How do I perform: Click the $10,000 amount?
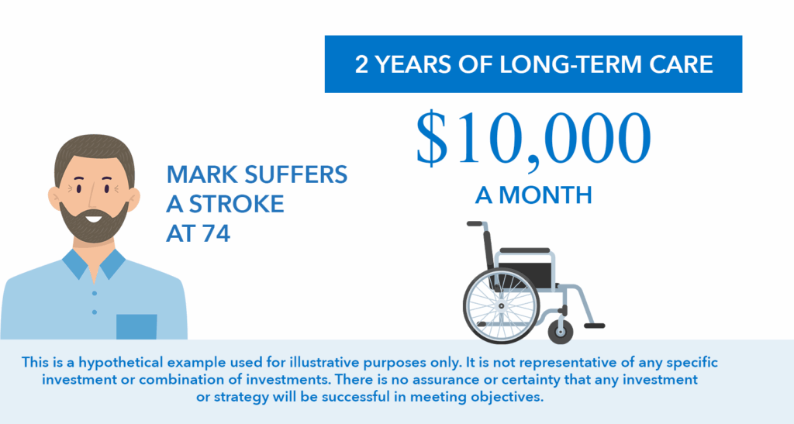tap(533, 138)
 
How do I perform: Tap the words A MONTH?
tap(533, 195)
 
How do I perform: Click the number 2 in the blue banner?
tap(361, 65)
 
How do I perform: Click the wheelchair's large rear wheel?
tap(501, 306)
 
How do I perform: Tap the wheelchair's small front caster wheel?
tap(561, 332)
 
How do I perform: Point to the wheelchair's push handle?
tap(475, 224)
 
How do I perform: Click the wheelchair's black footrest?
tap(594, 326)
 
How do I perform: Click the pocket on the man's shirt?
tap(136, 327)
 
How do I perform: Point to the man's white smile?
tap(93, 219)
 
